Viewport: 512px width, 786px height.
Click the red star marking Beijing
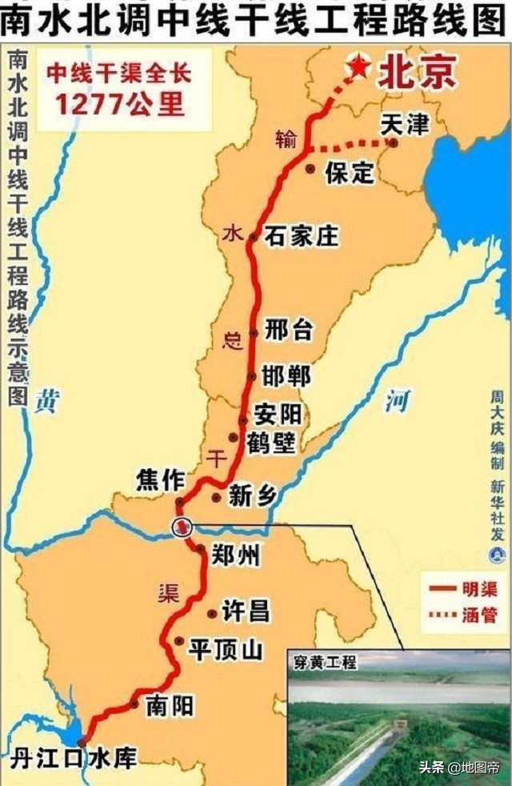tap(359, 67)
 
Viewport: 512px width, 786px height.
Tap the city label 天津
tap(404, 124)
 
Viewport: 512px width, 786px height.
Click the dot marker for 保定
tap(310, 169)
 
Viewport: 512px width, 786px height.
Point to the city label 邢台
tap(290, 331)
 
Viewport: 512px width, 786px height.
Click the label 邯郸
tap(290, 375)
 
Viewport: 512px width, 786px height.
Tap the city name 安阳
tap(278, 415)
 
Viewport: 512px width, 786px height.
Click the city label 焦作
tap(160, 480)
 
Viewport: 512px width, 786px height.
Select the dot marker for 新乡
tap(216, 497)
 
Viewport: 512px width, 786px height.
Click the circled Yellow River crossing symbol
tap(183, 526)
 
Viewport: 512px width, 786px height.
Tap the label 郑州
tap(236, 554)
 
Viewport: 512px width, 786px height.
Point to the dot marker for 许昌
tap(211, 614)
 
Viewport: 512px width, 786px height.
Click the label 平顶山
tap(225, 650)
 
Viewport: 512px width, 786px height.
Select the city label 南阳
tap(170, 706)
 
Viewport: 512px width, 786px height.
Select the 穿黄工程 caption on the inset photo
tap(324, 663)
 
